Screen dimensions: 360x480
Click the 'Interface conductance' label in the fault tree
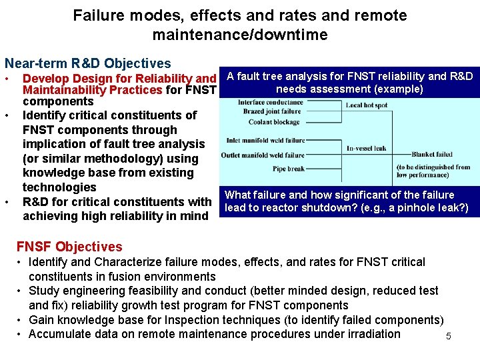tap(270, 103)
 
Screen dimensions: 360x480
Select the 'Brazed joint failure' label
tap(272, 112)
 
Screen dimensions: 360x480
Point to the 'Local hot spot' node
tap(367, 105)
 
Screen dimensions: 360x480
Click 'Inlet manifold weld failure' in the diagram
tap(265, 140)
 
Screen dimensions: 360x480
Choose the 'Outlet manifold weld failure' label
tap(263, 156)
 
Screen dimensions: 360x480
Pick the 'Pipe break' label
tap(288, 169)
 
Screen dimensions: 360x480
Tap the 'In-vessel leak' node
tap(367, 148)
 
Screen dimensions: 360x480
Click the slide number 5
tap(449, 337)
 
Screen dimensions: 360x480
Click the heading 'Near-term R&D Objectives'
tap(88, 64)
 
